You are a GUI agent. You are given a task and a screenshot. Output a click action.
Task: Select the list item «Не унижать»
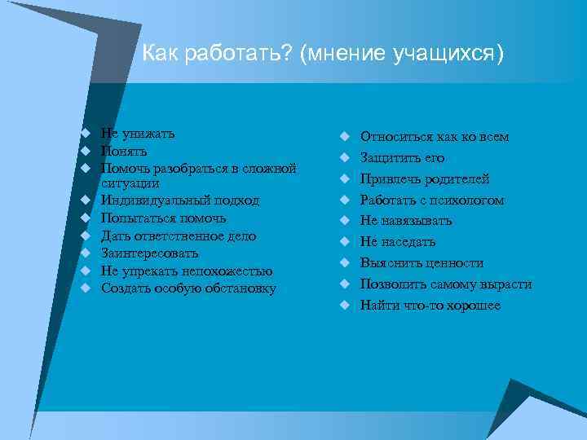point(137,133)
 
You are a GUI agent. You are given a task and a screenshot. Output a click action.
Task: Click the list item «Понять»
point(124,151)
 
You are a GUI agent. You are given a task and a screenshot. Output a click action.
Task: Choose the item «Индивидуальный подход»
point(179,200)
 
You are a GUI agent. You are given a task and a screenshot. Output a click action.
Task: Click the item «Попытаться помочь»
point(163,218)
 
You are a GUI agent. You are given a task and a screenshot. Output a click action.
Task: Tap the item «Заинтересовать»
point(149,253)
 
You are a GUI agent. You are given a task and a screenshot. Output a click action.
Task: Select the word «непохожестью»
point(231,271)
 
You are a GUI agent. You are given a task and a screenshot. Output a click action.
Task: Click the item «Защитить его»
point(402,158)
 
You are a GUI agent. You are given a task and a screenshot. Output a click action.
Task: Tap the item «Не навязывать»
point(406,221)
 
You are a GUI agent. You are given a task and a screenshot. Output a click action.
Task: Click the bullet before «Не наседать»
point(345,242)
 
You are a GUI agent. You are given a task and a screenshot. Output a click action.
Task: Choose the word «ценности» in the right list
point(453,263)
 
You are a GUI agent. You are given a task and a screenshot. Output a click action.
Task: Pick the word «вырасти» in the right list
point(505,284)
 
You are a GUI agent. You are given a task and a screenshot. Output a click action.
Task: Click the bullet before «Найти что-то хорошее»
point(345,306)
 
